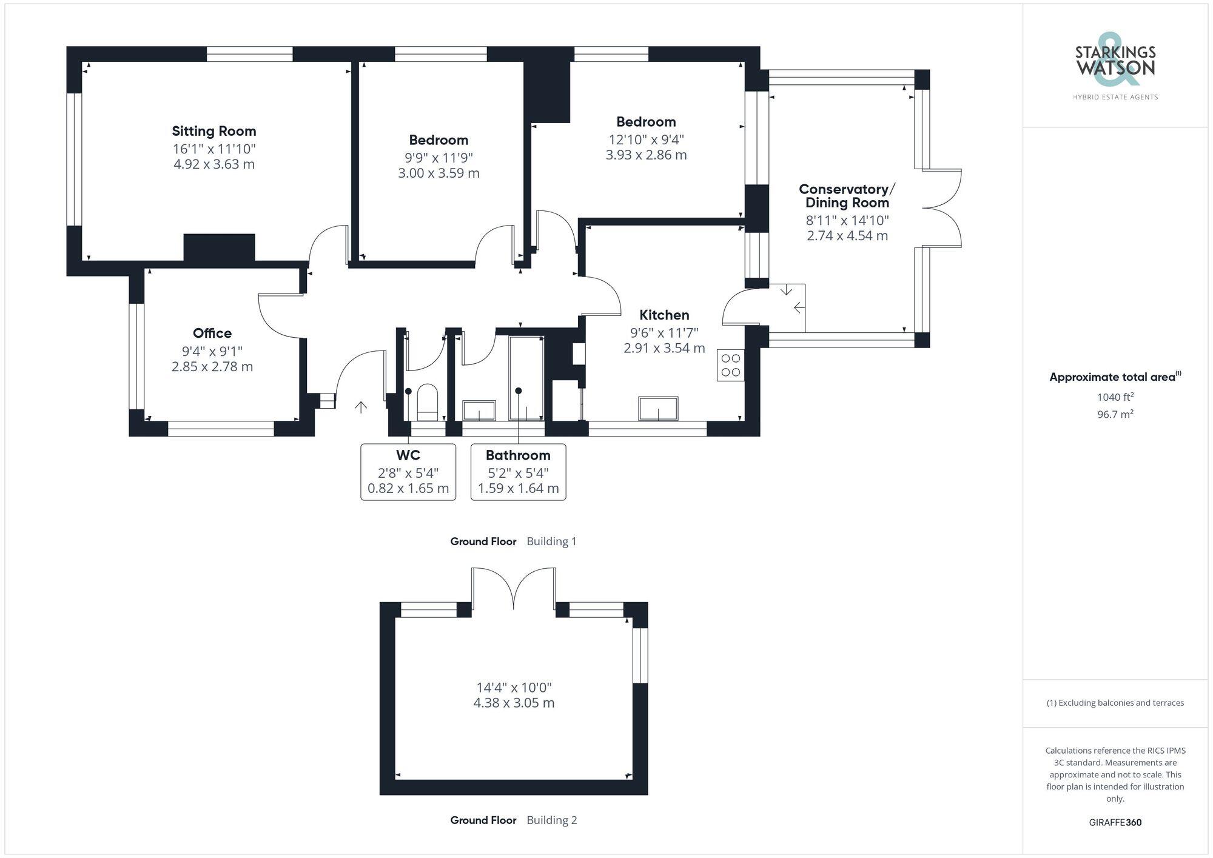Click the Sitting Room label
click(213, 131)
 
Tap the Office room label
click(212, 333)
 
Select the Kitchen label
click(664, 315)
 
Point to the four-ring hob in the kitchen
click(730, 365)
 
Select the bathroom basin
click(479, 410)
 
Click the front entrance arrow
click(361, 407)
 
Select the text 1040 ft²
click(1115, 397)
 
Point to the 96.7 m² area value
click(1115, 414)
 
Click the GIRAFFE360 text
click(1115, 822)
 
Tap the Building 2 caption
click(551, 820)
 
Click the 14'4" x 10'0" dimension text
click(514, 688)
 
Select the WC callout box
click(408, 472)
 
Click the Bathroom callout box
click(518, 472)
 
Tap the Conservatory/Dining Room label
click(847, 196)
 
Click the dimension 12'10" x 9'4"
click(646, 139)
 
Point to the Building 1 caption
click(551, 541)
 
